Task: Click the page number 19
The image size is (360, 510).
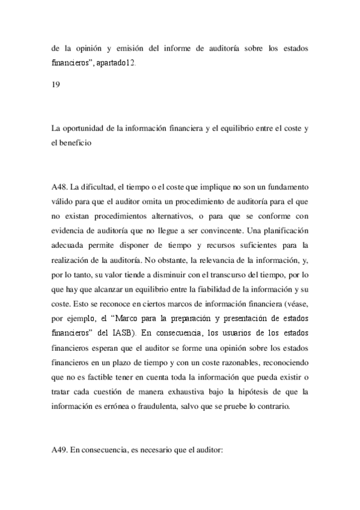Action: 55,84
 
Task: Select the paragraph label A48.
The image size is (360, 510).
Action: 60,179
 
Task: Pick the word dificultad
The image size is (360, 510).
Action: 100,179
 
